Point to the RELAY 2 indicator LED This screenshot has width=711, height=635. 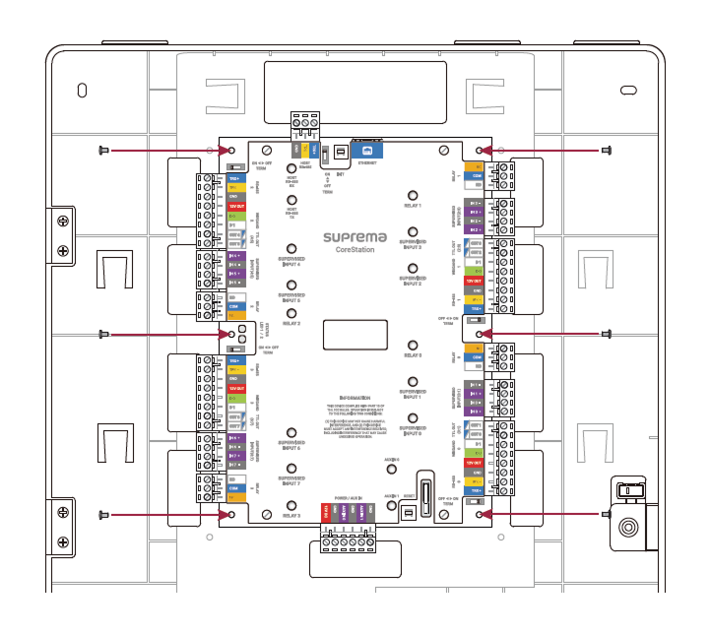pyautogui.click(x=291, y=312)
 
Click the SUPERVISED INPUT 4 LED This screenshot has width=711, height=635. pyautogui.click(x=291, y=250)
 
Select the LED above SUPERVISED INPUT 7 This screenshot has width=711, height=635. pyautogui.click(x=291, y=470)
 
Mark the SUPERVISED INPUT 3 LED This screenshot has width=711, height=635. pyautogui.click(x=412, y=231)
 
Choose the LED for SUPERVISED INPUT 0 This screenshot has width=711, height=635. pyautogui.click(x=412, y=420)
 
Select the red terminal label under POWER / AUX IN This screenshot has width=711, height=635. pyautogui.click(x=326, y=512)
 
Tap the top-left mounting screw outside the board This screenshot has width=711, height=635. pyautogui.click(x=102, y=151)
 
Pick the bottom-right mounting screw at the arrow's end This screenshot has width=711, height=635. pyautogui.click(x=606, y=514)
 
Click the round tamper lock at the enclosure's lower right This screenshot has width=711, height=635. pyautogui.click(x=627, y=528)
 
